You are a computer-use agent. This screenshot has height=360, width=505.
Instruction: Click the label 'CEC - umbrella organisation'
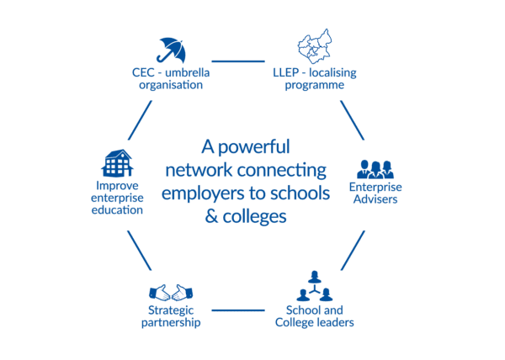tap(172, 78)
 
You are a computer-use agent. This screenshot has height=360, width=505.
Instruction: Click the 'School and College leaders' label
tap(314, 317)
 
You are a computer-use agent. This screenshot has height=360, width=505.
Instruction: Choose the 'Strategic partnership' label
tap(173, 317)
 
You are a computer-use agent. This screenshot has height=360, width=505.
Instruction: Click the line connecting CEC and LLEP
tap(238, 61)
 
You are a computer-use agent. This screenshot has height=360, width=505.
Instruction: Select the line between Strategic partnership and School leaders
tap(238, 310)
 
